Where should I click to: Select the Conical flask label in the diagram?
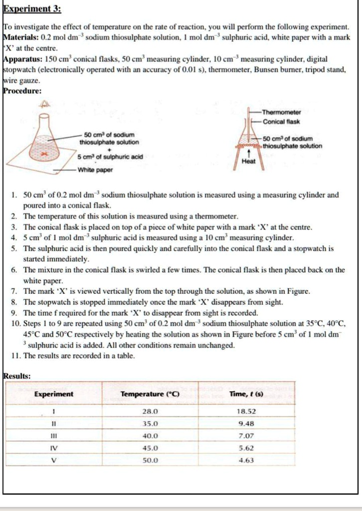click(282, 121)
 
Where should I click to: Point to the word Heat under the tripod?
click(248, 161)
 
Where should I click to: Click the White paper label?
click(95, 170)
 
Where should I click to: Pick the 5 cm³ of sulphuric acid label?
click(110, 157)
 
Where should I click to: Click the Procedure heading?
click(23, 91)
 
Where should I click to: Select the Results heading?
click(17, 375)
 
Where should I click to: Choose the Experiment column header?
click(53, 394)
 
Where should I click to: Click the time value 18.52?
click(247, 412)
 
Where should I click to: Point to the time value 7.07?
click(247, 435)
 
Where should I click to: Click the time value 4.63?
click(247, 460)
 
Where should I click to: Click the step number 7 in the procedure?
click(14, 291)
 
